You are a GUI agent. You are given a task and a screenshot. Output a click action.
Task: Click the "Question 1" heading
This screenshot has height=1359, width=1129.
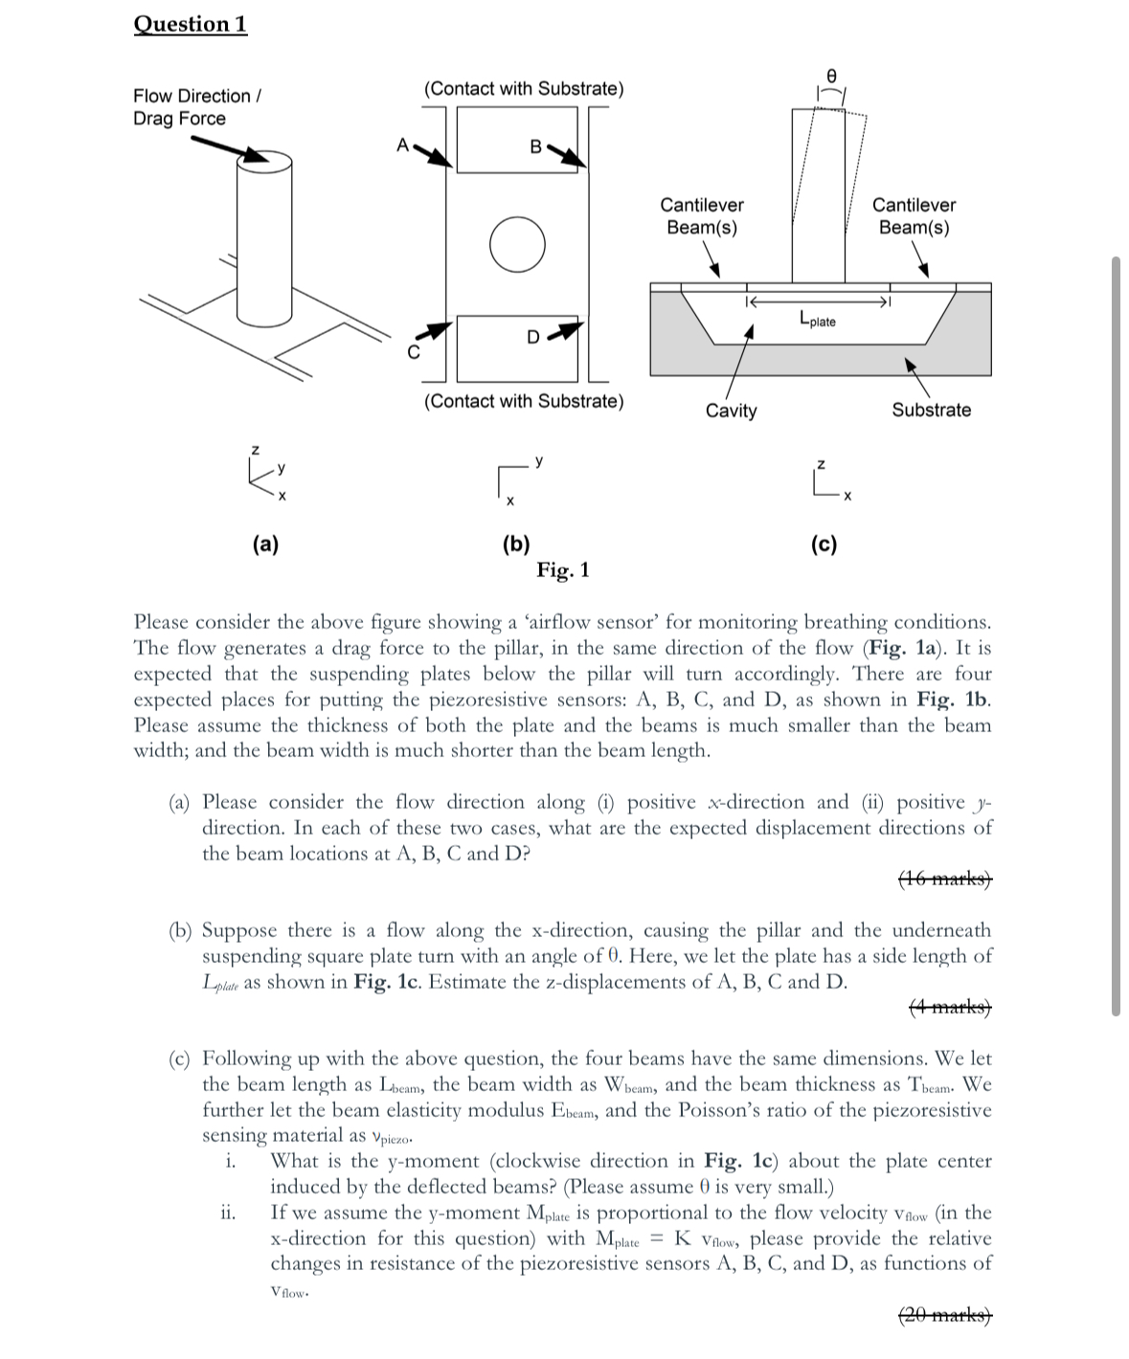pos(191,24)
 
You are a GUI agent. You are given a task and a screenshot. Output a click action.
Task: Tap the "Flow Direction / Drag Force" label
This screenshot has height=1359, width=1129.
pos(197,107)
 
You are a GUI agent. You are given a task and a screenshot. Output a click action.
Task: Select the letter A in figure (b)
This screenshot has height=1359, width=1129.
pos(403,145)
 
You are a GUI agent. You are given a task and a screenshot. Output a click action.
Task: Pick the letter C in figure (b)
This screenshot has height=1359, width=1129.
pos(415,351)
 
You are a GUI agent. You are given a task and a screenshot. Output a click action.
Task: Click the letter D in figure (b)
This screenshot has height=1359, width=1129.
pos(534,336)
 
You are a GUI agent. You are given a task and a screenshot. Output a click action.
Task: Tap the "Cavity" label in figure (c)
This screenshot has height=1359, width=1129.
pos(731,411)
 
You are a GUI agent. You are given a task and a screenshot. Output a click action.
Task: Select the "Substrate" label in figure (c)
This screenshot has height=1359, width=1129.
pos(931,410)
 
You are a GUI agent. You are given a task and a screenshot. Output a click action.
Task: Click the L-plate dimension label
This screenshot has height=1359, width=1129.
pos(816,320)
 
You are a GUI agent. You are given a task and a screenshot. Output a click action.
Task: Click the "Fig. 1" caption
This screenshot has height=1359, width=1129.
pos(563,570)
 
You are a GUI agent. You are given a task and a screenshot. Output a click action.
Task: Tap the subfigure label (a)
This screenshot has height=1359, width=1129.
pos(265,545)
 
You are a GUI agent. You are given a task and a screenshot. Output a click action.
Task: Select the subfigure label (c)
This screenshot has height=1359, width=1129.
pos(824,545)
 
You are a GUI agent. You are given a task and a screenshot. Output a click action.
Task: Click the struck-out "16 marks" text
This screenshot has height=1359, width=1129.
pos(945,879)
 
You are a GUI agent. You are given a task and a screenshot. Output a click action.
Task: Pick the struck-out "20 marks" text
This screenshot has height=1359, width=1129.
pos(945,1315)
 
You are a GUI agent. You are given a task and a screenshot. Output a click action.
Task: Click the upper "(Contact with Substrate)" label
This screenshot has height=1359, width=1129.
pos(524,89)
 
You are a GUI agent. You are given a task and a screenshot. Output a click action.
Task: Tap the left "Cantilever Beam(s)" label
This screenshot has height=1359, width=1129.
pos(702,216)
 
